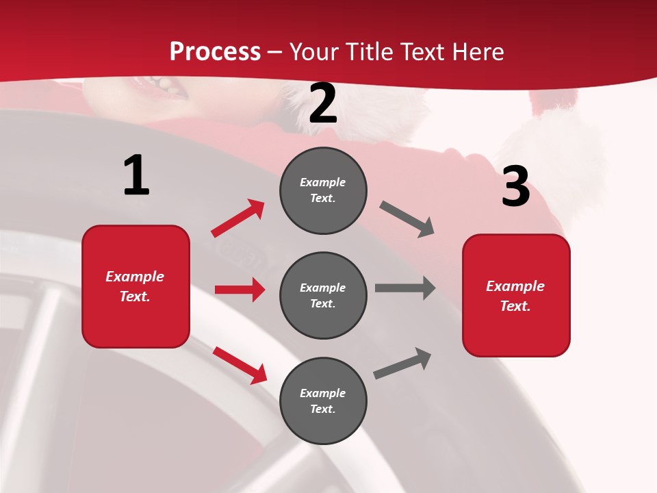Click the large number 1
click(136, 175)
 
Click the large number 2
click(323, 104)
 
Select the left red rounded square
click(136, 286)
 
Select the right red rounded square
click(516, 295)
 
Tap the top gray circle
click(323, 190)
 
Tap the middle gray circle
click(323, 295)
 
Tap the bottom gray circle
click(323, 401)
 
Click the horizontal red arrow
click(240, 290)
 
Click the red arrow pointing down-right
click(240, 364)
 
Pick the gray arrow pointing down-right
click(407, 219)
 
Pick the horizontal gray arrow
click(405, 288)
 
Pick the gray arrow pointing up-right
click(402, 363)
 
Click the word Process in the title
click(215, 51)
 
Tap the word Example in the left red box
click(135, 277)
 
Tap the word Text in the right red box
click(513, 306)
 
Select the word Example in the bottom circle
click(323, 393)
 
